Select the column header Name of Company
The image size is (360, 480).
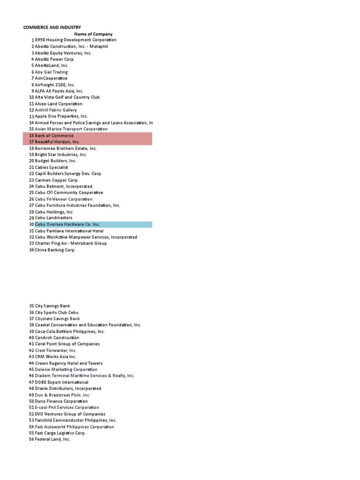coord(93,34)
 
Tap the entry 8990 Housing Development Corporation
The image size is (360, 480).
coord(75,40)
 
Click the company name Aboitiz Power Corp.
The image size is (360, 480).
coord(55,59)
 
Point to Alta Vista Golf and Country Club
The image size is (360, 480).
coord(67,97)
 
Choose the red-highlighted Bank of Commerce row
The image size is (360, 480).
coord(54,135)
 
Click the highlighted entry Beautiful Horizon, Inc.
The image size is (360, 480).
coord(57,142)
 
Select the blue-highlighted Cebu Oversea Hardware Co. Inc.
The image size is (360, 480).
coord(67,225)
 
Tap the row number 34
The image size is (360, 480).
coord(31,250)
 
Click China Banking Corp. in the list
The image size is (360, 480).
coord(55,250)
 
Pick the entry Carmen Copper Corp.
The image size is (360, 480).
coord(57,180)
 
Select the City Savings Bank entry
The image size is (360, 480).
coord(52,306)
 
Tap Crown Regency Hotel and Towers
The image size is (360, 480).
coord(68,363)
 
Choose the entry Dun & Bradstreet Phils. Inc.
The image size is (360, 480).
coord(63,395)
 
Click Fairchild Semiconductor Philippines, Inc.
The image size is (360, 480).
coord(75,420)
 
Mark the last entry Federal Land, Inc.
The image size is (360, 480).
coord(52,440)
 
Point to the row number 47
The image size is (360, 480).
coord(31,382)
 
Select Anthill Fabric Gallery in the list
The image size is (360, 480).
coord(56,110)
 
